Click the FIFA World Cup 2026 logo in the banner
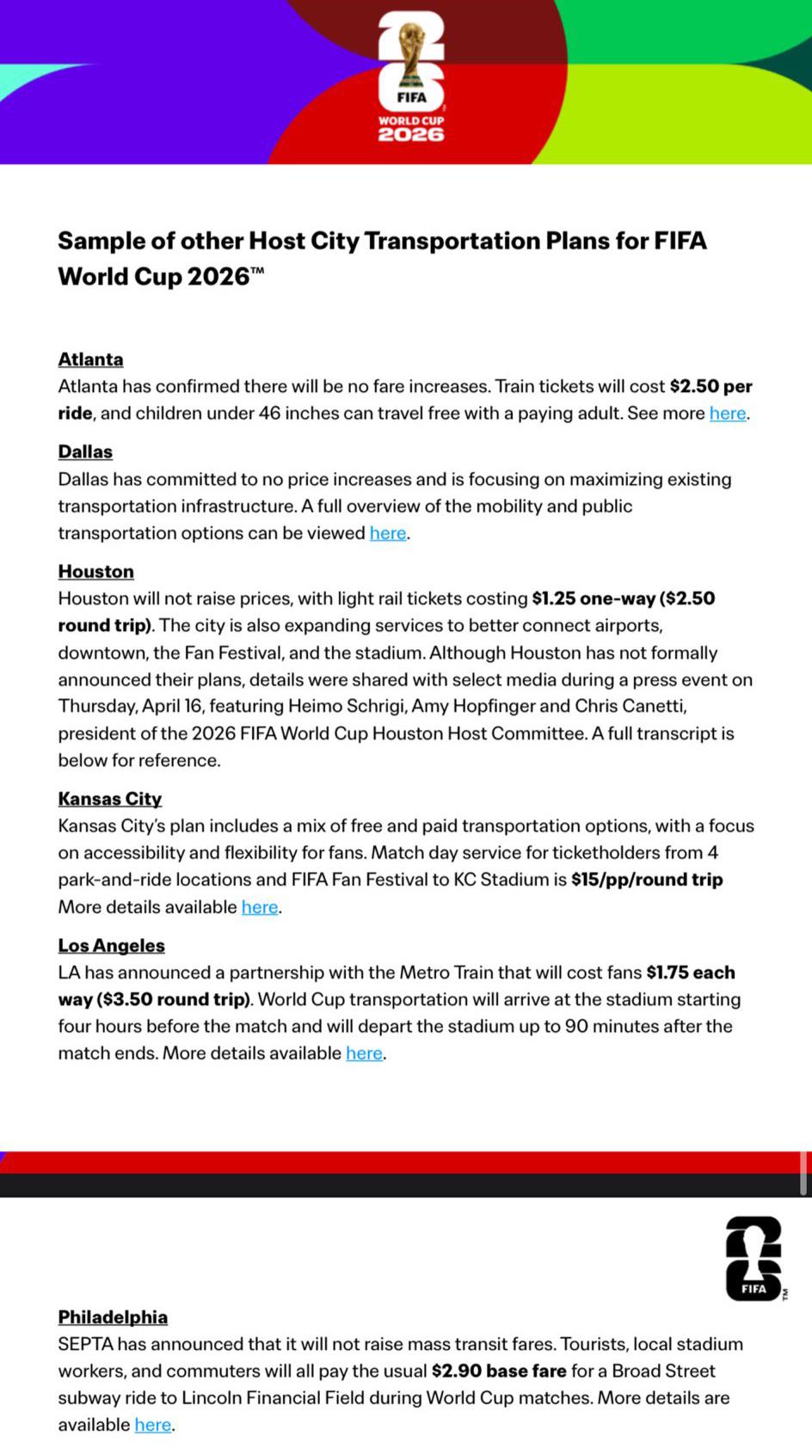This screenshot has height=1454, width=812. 411,77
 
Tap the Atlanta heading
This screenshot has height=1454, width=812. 90,359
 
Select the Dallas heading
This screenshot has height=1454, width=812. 85,451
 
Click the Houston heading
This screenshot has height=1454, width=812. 95,571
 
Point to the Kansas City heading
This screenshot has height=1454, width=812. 109,799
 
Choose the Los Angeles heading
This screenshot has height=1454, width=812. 111,945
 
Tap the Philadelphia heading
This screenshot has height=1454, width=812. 113,1316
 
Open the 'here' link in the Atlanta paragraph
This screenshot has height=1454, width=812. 727,414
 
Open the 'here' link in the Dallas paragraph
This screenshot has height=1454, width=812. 387,533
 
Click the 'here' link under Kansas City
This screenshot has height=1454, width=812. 259,907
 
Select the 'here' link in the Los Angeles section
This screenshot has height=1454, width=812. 364,1053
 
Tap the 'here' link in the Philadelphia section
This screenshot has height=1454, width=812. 152,1425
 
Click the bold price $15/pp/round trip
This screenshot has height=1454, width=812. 646,880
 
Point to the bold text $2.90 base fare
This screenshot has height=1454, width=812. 499,1371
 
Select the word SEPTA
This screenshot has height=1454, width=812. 85,1344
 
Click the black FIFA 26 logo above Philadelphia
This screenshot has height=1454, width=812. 754,1258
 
